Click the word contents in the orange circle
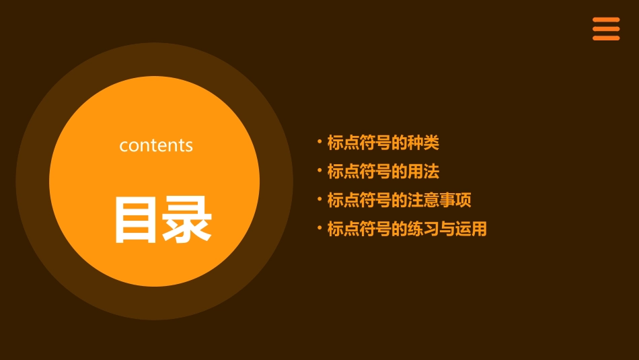(x=156, y=145)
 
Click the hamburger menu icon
(x=606, y=29)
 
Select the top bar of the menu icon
(x=606, y=20)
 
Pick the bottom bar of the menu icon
(x=606, y=38)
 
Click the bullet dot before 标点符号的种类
(x=319, y=142)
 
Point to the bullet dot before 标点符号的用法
(x=319, y=171)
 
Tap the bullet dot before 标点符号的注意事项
(x=319, y=200)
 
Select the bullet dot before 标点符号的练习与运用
(x=319, y=229)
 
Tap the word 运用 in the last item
(x=471, y=229)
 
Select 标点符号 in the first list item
(x=359, y=143)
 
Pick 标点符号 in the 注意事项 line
(x=359, y=201)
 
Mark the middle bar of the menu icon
(x=606, y=29)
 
